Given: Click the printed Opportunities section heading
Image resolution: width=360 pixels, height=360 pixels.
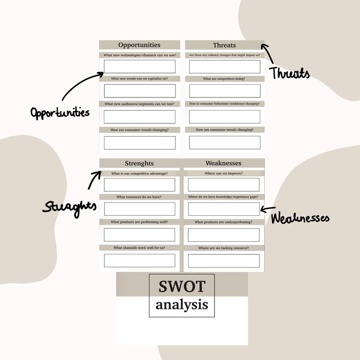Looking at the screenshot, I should tap(139, 45).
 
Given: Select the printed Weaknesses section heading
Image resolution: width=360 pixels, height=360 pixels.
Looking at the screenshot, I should tap(223, 163).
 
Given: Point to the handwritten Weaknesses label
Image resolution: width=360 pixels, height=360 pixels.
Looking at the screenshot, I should tap(300, 218).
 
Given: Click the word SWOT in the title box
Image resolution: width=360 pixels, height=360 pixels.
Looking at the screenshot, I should tap(182, 287).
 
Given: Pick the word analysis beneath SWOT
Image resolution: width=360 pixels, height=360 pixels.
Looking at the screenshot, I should tap(182, 304).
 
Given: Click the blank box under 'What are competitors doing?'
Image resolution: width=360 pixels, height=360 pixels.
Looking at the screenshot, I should tap(224, 91).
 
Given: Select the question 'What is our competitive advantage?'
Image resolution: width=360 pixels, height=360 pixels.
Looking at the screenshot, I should tap(139, 173).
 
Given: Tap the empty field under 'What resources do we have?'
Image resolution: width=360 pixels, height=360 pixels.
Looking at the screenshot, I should tap(139, 209).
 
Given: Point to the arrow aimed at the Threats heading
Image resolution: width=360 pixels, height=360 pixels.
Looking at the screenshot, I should tap(268, 53).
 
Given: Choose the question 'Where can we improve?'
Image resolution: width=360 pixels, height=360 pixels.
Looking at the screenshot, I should tap(224, 173).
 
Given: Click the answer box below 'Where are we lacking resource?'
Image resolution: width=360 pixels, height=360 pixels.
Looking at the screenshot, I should tap(224, 261).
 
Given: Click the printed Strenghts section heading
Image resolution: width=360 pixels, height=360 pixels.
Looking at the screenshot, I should tap(139, 163).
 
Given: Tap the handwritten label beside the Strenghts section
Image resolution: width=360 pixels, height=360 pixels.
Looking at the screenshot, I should tap(70, 207).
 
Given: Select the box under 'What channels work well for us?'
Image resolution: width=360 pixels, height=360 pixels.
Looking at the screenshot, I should tap(139, 261).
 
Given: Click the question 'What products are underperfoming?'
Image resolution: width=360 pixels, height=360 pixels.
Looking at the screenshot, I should tap(224, 222).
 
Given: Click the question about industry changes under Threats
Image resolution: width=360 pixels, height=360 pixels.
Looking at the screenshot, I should tap(224, 55).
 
